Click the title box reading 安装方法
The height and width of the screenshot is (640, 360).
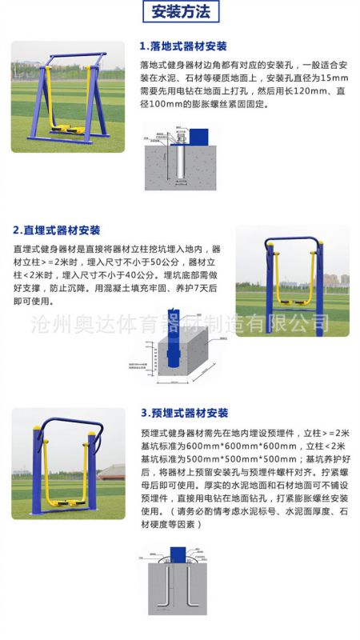(x=180, y=12)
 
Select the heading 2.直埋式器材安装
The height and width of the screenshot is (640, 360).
(x=57, y=230)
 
